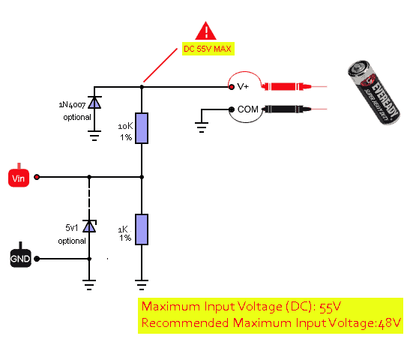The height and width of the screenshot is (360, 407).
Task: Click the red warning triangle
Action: coord(205,31)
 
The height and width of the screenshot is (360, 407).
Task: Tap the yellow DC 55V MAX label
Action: coord(208,49)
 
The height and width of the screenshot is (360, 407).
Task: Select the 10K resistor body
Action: coord(142,128)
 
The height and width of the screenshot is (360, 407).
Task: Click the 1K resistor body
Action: coord(142,229)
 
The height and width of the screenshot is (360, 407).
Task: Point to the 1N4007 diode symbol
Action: coord(94,102)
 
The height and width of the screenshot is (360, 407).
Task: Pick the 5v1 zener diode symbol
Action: coord(89,226)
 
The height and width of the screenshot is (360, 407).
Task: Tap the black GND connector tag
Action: coord(20,257)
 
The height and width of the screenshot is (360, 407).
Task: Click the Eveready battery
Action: coord(374,92)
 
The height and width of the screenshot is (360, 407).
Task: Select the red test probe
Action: coord(286,86)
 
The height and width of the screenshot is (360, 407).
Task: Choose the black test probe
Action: coord(286,109)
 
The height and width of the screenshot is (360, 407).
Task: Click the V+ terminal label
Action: coord(243,86)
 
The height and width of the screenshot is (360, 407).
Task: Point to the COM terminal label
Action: coord(248,109)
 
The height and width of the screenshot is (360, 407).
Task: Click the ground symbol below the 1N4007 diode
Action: coord(94,136)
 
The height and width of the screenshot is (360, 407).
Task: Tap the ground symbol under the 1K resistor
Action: coord(142,285)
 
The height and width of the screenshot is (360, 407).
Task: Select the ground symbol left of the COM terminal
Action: coord(202,127)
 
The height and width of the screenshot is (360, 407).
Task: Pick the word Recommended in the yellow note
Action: coord(185,322)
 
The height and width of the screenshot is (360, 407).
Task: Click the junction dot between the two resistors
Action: coord(142,177)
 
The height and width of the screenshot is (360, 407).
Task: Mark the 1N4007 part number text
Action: coord(72,105)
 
